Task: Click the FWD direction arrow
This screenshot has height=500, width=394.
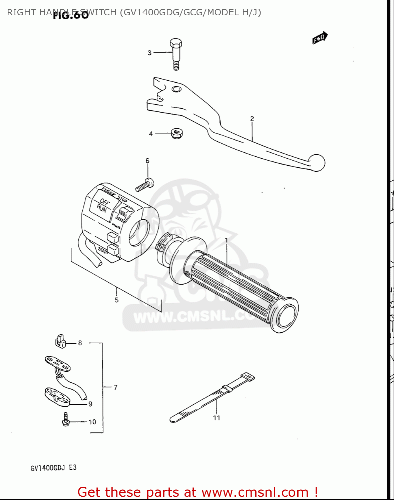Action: [x=320, y=38]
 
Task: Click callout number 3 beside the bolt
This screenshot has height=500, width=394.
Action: [x=149, y=53]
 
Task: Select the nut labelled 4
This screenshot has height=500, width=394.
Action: [x=176, y=133]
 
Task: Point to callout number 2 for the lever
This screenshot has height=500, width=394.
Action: [x=252, y=119]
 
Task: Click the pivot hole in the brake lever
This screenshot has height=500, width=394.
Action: [x=176, y=89]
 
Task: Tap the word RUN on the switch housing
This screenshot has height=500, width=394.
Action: [x=102, y=209]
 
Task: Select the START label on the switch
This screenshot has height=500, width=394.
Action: [x=102, y=250]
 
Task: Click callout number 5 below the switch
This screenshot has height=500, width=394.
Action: [x=117, y=300]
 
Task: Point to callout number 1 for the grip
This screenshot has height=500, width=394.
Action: [x=227, y=240]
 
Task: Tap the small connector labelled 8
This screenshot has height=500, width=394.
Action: [x=60, y=341]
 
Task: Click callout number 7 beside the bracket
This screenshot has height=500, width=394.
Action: [x=115, y=387]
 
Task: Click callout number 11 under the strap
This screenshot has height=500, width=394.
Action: [x=217, y=418]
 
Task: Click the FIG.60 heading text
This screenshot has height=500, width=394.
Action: [x=71, y=15]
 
